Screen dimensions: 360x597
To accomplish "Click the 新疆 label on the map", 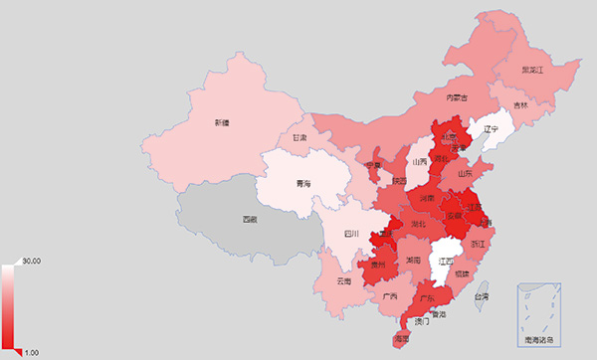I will pyautogui.click(x=221, y=123).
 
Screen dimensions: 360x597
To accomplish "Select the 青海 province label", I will pyautogui.click(x=303, y=184).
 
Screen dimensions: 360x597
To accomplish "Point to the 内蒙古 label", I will pyautogui.click(x=457, y=97).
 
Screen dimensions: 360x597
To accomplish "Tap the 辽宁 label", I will pyautogui.click(x=490, y=129).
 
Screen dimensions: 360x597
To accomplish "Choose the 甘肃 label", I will pyautogui.click(x=299, y=137).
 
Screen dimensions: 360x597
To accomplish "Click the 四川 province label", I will pyautogui.click(x=350, y=234).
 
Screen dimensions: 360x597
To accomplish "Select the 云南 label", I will pyautogui.click(x=343, y=281).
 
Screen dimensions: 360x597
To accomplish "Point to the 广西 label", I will pyautogui.click(x=390, y=296).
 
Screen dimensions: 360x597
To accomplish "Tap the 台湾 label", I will pyautogui.click(x=481, y=296).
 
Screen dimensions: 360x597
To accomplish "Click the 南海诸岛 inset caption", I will pyautogui.click(x=538, y=340).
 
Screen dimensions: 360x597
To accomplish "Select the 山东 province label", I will pyautogui.click(x=465, y=172).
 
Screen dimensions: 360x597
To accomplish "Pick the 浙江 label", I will pyautogui.click(x=478, y=244).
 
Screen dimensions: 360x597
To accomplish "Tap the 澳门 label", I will pyautogui.click(x=422, y=322).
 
